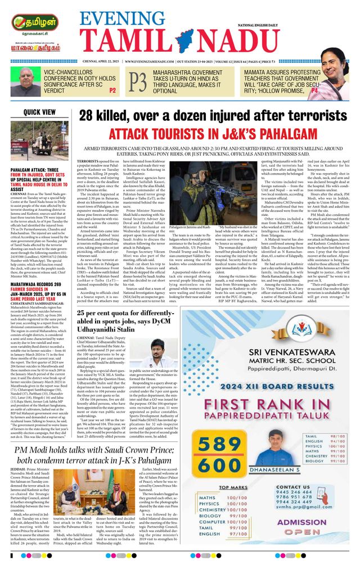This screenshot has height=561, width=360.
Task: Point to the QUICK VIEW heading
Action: (40, 112)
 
